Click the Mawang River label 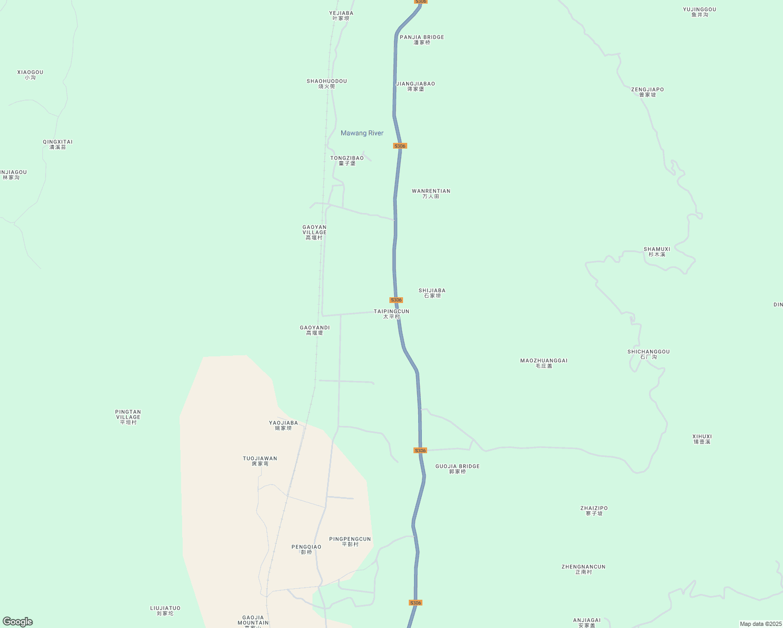[x=362, y=133]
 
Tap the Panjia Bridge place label [x=422, y=40]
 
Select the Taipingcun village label [x=391, y=314]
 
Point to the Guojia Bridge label [x=457, y=469]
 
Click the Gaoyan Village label [x=315, y=232]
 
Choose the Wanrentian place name [x=431, y=194]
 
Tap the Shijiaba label [x=432, y=293]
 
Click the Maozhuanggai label [x=544, y=363]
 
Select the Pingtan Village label [x=128, y=417]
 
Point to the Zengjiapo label [x=647, y=92]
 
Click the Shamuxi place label [x=657, y=252]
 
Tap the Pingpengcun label [x=350, y=542]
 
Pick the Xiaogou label [x=30, y=75]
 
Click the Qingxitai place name [x=58, y=144]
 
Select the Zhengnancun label [x=584, y=569]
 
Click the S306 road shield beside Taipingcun [x=396, y=300]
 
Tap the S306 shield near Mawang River [x=400, y=146]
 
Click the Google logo [x=18, y=622]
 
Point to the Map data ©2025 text [x=760, y=624]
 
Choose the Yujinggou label [x=699, y=12]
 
